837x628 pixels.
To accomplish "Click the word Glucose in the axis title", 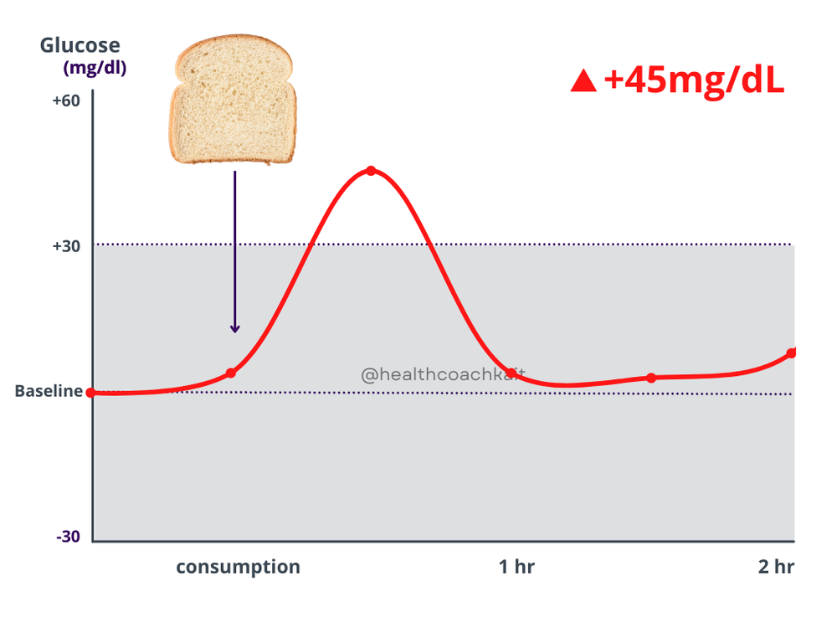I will pos(80,45).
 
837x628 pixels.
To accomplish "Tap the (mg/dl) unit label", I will pos(95,69).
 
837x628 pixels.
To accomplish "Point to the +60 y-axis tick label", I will pos(66,101).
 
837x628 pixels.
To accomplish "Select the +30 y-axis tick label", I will pos(66,247).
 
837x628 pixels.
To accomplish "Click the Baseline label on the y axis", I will pos(49,391).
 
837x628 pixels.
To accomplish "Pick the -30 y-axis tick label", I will pos(68,537).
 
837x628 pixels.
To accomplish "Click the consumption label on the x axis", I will pos(238,567).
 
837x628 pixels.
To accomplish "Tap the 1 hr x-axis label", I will pos(516,567).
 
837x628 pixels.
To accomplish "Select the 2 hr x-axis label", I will pos(776,567).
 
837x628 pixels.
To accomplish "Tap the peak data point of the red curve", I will pos(371,171).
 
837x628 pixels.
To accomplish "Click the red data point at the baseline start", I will pos(91,392).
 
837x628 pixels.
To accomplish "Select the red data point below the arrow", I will pos(231,373).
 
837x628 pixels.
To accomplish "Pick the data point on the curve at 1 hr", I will pos(511,373).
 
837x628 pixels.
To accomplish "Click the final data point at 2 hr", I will pos(791,353).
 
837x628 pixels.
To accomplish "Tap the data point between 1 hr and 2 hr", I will pos(651,378).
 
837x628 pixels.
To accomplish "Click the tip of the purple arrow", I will pos(235,331).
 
